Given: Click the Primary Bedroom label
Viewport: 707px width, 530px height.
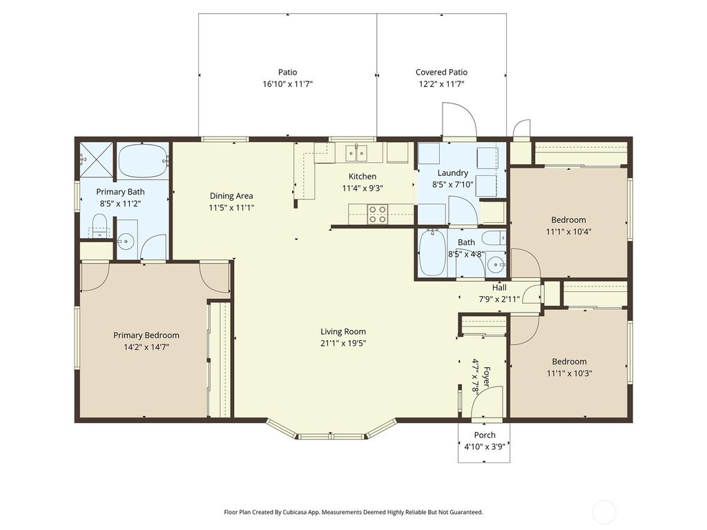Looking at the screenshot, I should (146, 335).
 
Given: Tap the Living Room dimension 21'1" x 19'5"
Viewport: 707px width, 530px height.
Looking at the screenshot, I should (343, 343).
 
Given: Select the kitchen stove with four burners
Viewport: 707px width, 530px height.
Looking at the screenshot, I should (377, 215).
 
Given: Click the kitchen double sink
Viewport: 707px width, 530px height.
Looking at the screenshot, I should (356, 152).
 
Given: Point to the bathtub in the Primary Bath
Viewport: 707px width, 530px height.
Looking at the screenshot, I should (142, 161).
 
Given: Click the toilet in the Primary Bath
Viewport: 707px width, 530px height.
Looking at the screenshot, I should (100, 225).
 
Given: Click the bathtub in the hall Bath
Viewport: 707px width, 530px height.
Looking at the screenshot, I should (433, 253).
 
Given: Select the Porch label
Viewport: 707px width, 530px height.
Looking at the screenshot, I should (484, 435).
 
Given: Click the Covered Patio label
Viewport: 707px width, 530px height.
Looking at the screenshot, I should (441, 72).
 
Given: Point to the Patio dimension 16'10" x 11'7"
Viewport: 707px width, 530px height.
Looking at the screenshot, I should (287, 84).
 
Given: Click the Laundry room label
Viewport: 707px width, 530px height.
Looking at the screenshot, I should (452, 173).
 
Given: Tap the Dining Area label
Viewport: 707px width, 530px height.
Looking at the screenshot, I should (231, 195).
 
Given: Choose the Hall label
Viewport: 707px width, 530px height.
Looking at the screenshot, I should (499, 288).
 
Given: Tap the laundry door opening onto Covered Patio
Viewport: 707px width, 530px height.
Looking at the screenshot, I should (459, 119).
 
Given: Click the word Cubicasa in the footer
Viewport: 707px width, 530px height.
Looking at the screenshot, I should (295, 512).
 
